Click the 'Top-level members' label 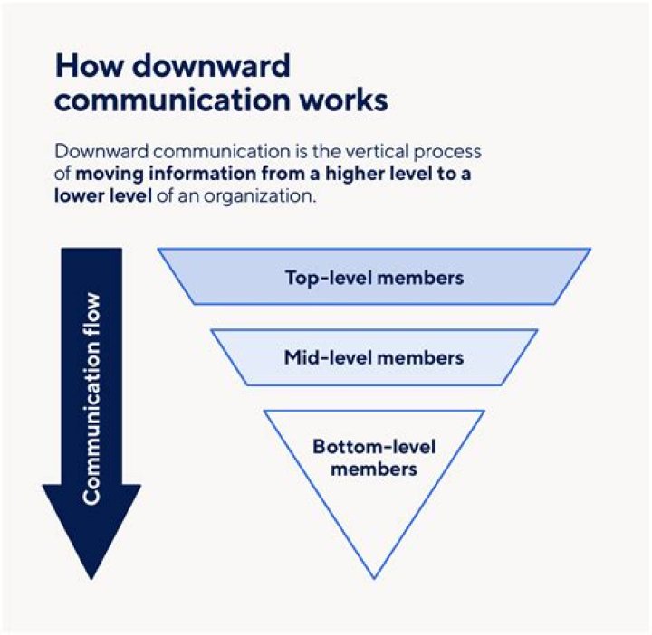click(374, 277)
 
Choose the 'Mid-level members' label click(374, 357)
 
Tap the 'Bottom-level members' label click(374, 458)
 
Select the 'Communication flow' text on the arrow click(91, 398)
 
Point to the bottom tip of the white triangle click(373, 575)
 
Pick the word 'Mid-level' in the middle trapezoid click(322, 357)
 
